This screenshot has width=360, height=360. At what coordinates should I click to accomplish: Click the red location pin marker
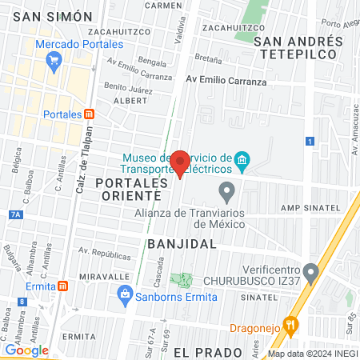(181, 163)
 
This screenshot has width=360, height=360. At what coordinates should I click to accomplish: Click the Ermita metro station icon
(62, 286)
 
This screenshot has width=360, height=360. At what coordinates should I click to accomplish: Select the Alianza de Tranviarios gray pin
(227, 192)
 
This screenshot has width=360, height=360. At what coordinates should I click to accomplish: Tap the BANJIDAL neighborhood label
(182, 242)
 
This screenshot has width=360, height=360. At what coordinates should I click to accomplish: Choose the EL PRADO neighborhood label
(207, 352)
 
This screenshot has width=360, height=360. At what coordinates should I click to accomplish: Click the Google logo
(26, 350)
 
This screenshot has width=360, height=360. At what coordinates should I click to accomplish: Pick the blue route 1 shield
(309, 142)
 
